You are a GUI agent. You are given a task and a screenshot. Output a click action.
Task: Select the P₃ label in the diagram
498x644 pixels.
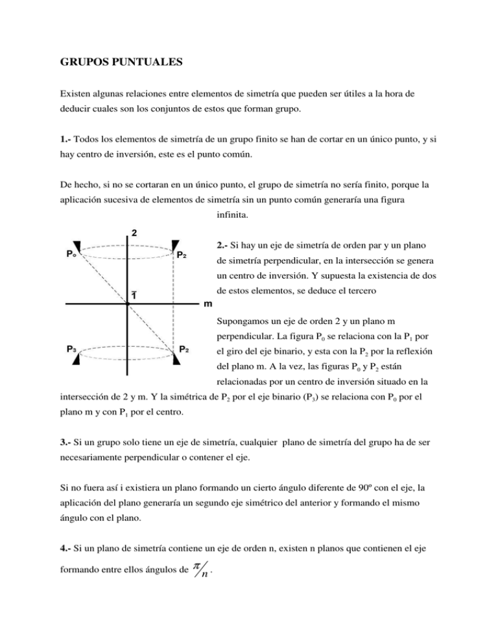point(75,348)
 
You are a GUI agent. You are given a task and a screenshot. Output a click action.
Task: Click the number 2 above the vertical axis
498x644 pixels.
point(133,232)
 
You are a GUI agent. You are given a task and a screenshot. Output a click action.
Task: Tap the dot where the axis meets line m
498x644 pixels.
point(128,303)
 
